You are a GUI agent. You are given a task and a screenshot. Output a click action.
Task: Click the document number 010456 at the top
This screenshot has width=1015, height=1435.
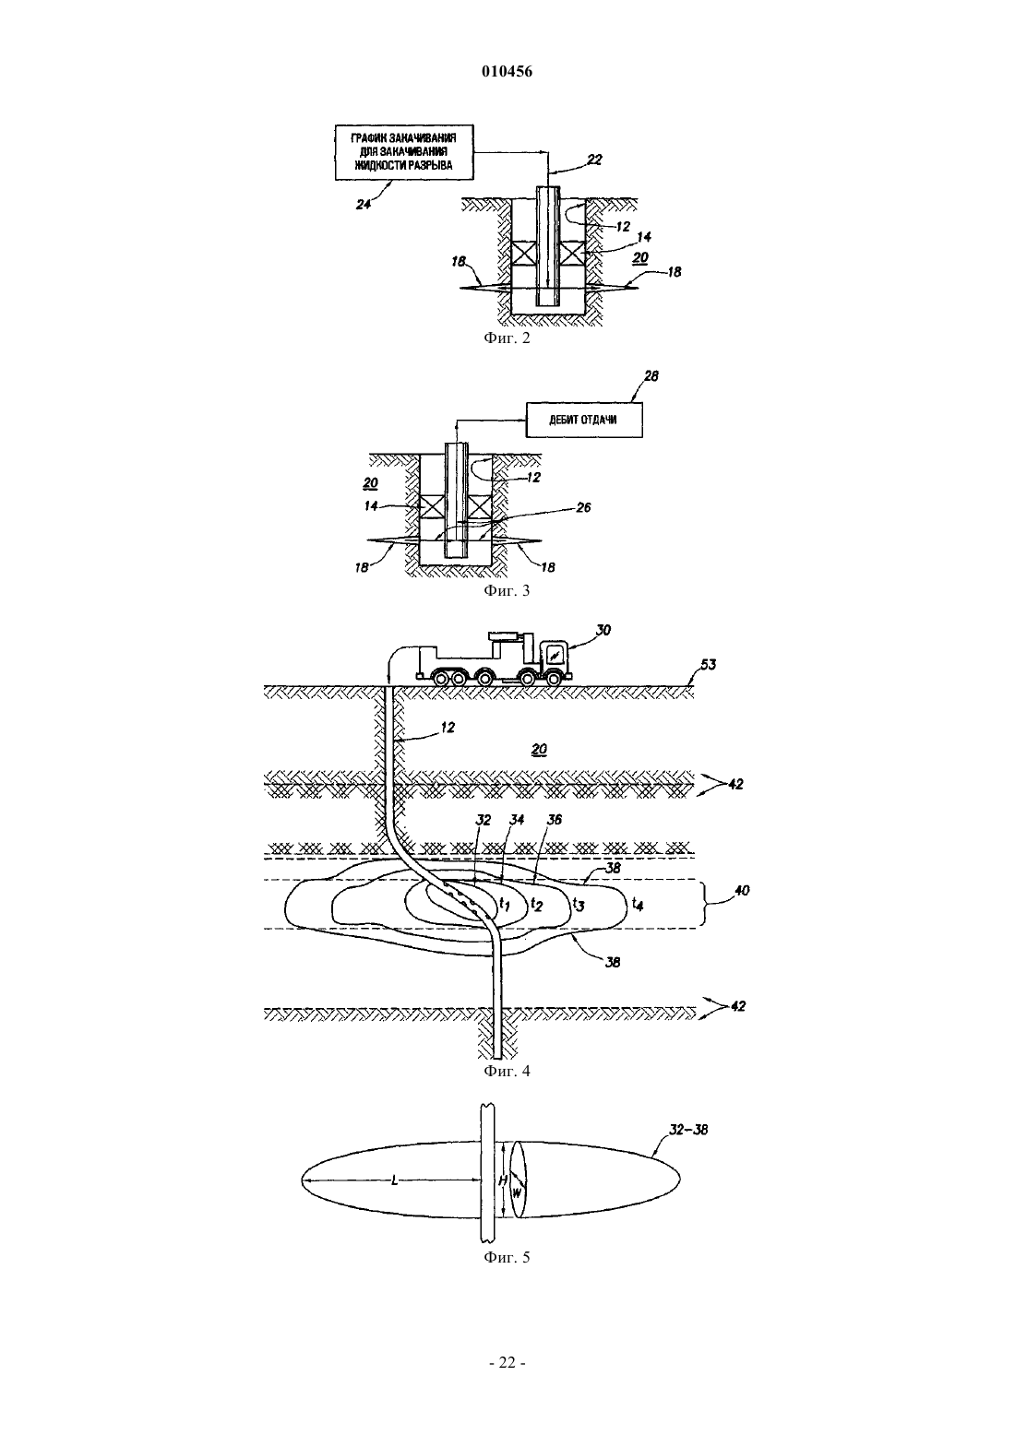coord(507,72)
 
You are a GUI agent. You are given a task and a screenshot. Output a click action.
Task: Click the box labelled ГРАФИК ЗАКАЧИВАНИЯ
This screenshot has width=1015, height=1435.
coord(404,152)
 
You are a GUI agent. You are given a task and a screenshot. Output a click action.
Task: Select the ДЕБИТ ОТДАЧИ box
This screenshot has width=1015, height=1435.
coord(584,421)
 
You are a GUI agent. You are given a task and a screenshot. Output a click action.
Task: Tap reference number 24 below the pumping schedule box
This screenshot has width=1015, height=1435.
coord(364,205)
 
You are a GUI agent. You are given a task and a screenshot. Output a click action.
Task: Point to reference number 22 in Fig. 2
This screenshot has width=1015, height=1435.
coord(594,160)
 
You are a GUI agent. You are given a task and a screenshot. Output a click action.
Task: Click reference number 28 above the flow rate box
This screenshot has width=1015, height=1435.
coord(651,376)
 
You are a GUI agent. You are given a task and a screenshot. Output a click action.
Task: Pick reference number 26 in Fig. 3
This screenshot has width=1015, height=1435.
coord(583,507)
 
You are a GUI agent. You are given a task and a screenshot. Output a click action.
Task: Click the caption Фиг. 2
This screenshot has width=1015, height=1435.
coord(507,338)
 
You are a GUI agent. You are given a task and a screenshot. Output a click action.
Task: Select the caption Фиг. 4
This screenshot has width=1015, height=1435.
coord(507,1071)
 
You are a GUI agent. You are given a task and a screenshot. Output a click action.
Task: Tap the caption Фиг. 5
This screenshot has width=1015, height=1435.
coord(507,1257)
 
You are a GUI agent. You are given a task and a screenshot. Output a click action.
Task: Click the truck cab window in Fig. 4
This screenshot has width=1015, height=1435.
coord(554,655)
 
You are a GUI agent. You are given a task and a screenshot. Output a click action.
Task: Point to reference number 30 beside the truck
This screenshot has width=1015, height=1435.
coord(603,631)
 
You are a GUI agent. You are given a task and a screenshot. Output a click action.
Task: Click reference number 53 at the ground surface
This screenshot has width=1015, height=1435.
coord(708,664)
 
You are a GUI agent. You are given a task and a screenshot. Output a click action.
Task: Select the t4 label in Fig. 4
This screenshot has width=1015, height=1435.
coord(638,904)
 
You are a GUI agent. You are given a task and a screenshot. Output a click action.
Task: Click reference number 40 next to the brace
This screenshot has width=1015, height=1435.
coord(741,891)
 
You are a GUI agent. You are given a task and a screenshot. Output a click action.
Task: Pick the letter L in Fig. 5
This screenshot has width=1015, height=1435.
coord(394,1180)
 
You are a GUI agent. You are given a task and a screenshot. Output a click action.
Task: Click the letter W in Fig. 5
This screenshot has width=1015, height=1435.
coord(518,1192)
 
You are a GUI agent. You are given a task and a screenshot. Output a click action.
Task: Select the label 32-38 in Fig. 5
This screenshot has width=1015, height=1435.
coord(688,1130)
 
